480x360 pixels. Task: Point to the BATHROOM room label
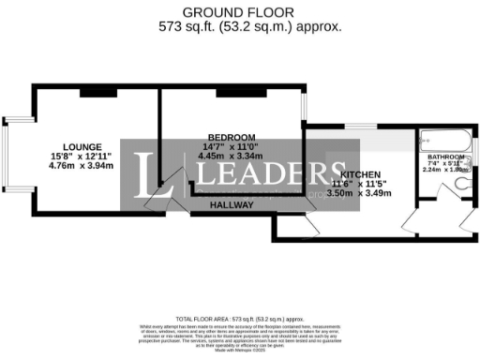[x=445, y=157]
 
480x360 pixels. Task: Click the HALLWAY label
[x=230, y=203]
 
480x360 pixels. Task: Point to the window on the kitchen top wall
[x=359, y=125]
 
